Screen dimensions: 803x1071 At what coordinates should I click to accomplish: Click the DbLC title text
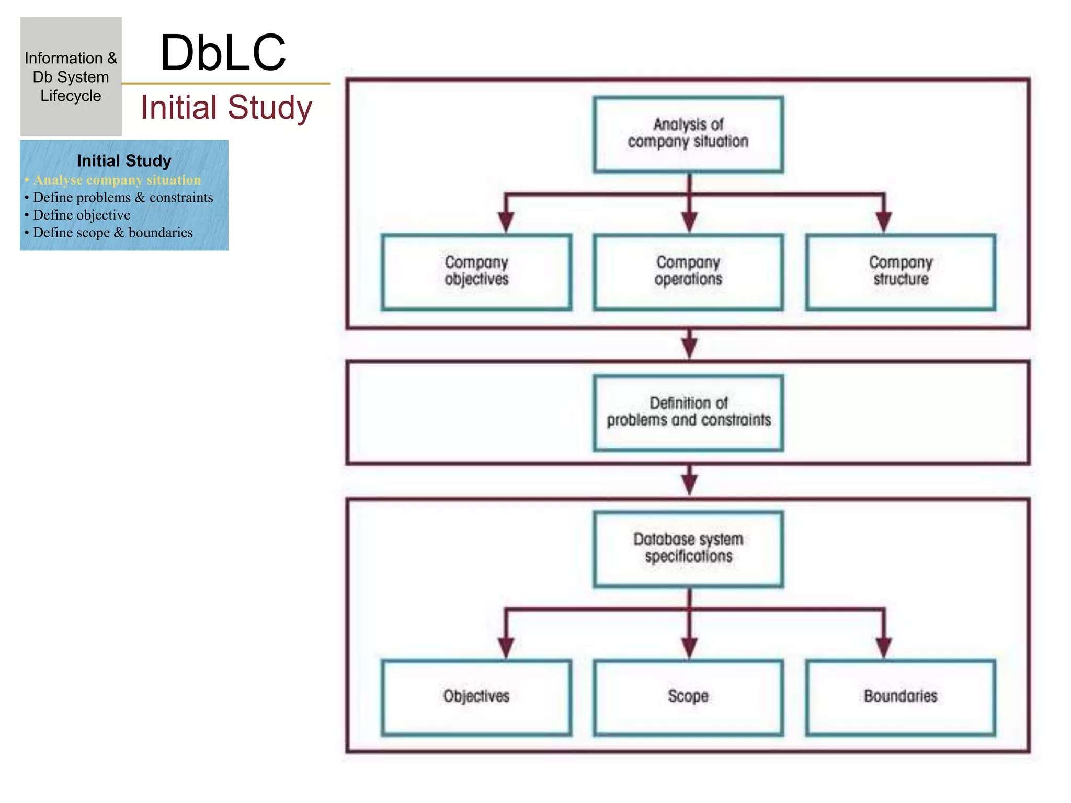pyautogui.click(x=223, y=52)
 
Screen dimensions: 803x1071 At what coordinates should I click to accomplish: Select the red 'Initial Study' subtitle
pyautogui.click(x=226, y=107)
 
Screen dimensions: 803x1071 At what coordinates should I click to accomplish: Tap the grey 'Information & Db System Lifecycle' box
pyautogui.click(x=71, y=76)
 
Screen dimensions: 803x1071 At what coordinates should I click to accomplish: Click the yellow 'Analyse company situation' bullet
pyautogui.click(x=117, y=180)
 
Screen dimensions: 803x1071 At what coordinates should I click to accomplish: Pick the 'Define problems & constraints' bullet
pyautogui.click(x=123, y=198)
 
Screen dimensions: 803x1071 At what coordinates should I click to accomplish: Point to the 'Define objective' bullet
pyautogui.click(x=82, y=215)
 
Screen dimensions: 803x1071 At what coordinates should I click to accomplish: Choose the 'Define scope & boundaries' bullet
pyautogui.click(x=112, y=233)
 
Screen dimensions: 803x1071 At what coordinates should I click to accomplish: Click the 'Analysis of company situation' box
pyautogui.click(x=688, y=134)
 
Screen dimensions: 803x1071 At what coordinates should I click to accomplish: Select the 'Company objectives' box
pyautogui.click(x=476, y=272)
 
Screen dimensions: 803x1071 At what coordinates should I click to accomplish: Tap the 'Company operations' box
pyautogui.click(x=688, y=272)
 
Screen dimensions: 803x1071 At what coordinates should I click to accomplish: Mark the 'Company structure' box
pyautogui.click(x=901, y=272)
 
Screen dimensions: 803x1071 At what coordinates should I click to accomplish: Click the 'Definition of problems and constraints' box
pyautogui.click(x=688, y=412)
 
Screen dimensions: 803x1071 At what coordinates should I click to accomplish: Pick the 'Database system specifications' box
pyautogui.click(x=688, y=548)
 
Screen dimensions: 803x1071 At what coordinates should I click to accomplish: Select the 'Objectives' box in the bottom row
pyautogui.click(x=476, y=697)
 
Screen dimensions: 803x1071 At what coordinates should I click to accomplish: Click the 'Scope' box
pyautogui.click(x=688, y=697)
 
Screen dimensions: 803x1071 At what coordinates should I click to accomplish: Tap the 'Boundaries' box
pyautogui.click(x=901, y=697)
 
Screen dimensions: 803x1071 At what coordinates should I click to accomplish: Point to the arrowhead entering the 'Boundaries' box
pyautogui.click(x=884, y=647)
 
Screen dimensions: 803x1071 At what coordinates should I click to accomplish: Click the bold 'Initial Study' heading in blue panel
pyautogui.click(x=124, y=161)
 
